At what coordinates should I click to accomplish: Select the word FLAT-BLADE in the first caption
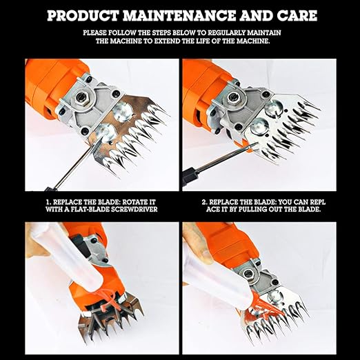tap(81, 210)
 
